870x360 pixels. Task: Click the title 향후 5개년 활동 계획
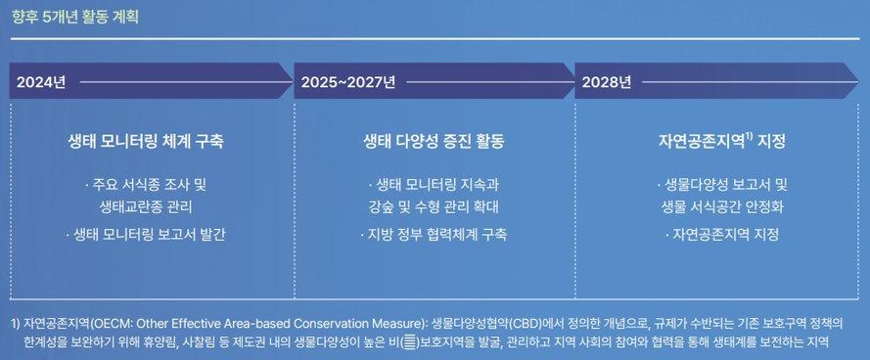[x=75, y=17]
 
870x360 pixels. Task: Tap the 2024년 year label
[x=41, y=82]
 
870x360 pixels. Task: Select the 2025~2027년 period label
[x=348, y=82]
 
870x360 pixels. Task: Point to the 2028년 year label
[x=607, y=82]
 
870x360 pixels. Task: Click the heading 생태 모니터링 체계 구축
[x=145, y=142]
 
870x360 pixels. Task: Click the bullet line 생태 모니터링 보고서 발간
[x=145, y=235]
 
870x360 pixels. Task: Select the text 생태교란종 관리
[x=146, y=207]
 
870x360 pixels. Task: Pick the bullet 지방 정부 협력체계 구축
[x=434, y=235]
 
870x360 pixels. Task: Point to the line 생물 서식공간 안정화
[x=724, y=207]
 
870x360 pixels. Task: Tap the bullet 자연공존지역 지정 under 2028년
[x=722, y=235]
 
